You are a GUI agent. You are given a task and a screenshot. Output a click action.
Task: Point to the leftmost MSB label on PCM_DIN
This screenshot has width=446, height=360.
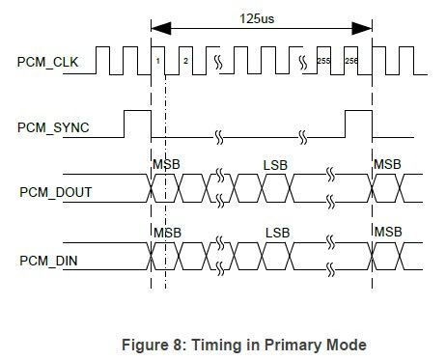click(165, 233)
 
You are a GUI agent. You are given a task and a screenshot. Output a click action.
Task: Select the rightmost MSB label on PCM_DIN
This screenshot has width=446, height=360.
click(387, 233)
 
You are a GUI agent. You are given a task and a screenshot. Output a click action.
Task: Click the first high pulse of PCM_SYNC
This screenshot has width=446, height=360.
click(137, 124)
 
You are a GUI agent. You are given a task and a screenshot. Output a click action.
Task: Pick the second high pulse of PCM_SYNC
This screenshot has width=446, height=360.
click(358, 124)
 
